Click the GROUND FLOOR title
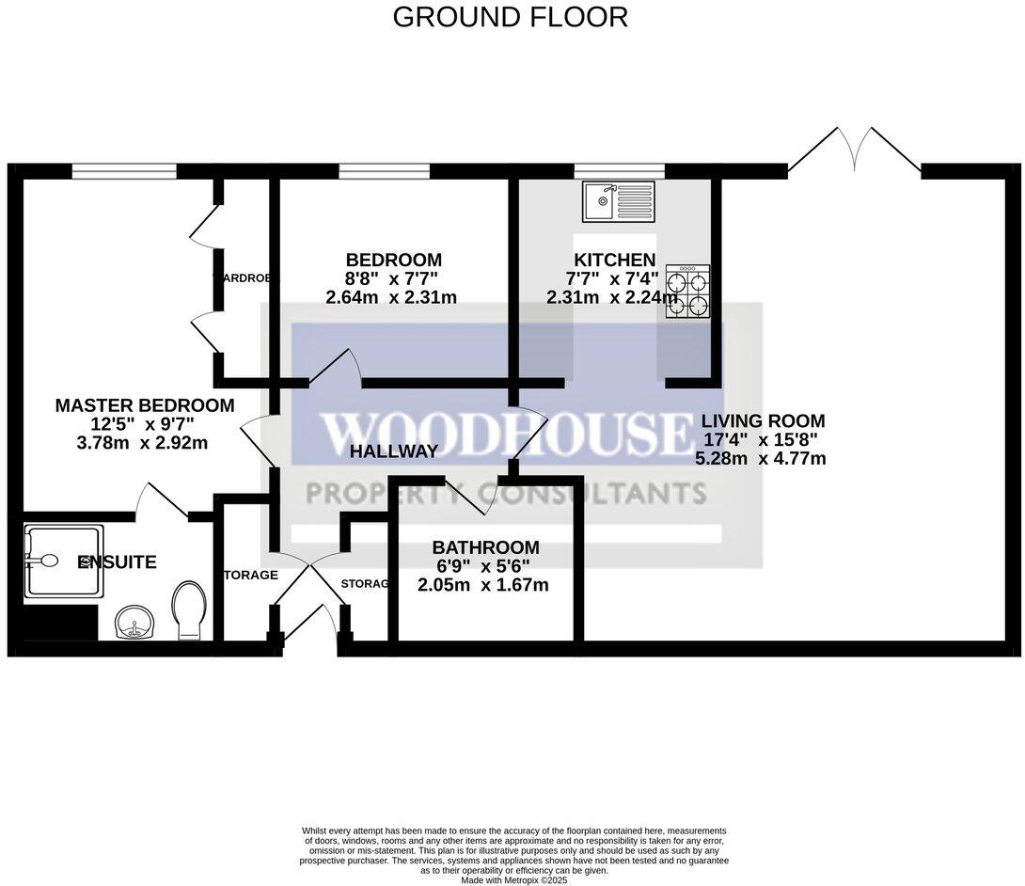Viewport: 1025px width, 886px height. [510, 17]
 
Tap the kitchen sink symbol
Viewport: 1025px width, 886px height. [616, 201]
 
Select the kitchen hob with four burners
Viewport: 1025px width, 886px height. [686, 292]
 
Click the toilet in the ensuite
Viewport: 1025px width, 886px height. [190, 609]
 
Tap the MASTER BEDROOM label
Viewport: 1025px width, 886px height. [145, 405]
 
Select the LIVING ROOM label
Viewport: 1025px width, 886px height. [764, 420]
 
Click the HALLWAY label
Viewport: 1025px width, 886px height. [393, 451]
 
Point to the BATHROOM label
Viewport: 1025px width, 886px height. [485, 547]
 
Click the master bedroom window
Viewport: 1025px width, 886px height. [124, 171]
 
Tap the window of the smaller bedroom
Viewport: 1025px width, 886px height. [385, 171]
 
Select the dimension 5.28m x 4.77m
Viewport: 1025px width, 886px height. [760, 459]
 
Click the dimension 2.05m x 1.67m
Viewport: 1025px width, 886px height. [483, 585]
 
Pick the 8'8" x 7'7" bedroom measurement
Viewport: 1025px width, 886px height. [392, 278]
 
